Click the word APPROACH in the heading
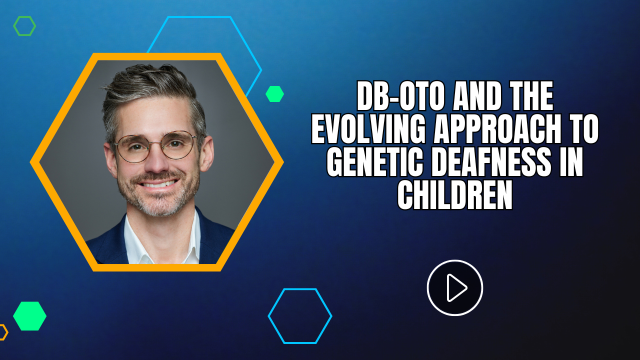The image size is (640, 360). [497, 129]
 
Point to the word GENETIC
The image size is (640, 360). [375, 162]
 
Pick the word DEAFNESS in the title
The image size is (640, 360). [491, 162]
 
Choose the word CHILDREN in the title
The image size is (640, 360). [455, 195]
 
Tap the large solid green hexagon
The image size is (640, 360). [29, 316]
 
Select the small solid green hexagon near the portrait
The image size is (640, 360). [274, 94]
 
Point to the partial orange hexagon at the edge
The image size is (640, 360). [5, 332]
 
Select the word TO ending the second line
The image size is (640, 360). [583, 129]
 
